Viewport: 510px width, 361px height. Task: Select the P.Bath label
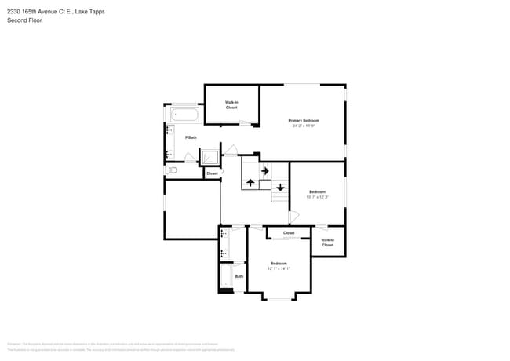tap(190, 137)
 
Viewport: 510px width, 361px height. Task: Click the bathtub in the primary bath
tap(185, 115)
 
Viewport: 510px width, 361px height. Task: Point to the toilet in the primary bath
tap(172, 170)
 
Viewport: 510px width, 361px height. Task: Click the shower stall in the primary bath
tap(210, 157)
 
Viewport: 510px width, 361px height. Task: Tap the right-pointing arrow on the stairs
tap(264, 170)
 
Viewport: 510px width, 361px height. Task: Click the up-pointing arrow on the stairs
tap(250, 182)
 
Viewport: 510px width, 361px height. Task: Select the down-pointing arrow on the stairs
tap(280, 187)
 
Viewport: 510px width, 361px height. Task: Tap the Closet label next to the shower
tap(212, 173)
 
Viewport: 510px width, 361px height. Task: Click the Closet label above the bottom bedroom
tap(289, 233)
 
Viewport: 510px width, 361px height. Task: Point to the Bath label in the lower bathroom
tap(239, 275)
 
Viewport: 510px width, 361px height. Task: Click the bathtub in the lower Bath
tap(225, 277)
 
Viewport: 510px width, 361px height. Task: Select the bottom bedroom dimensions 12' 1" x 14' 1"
tap(279, 268)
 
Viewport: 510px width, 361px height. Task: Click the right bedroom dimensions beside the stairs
tap(317, 197)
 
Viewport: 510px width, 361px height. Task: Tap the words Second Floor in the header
tap(24, 20)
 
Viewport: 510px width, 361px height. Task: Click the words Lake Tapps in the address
tap(91, 12)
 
